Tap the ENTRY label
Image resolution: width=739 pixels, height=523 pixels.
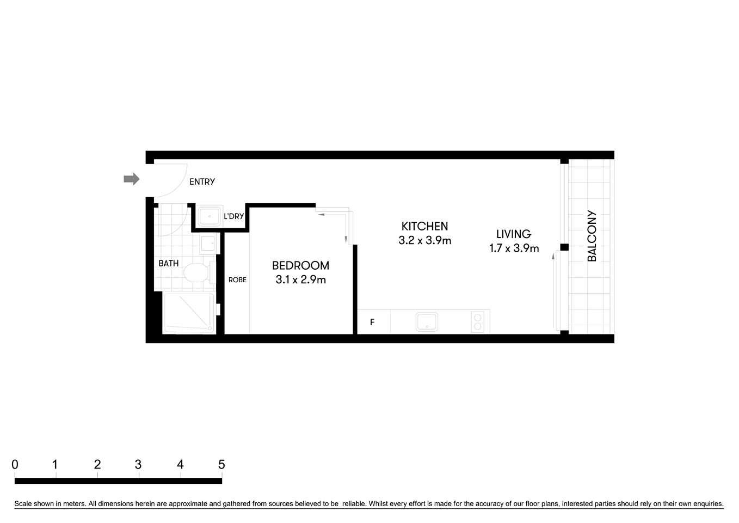(x=202, y=182)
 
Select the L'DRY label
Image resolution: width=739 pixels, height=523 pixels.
(x=234, y=216)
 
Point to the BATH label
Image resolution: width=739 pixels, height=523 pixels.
(x=168, y=263)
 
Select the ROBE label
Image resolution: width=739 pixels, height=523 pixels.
(x=237, y=280)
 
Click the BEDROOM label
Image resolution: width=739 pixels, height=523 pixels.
(x=300, y=265)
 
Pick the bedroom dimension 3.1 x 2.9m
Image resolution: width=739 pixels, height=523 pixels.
(x=300, y=280)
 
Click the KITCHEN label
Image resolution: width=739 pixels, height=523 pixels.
(x=424, y=226)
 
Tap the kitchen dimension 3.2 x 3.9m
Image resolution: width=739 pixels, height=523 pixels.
(x=424, y=240)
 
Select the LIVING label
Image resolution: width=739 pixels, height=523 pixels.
(x=513, y=234)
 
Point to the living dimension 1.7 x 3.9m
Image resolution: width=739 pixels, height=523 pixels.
(x=514, y=248)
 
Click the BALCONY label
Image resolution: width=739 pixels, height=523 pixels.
(x=592, y=236)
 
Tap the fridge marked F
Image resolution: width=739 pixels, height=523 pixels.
(x=373, y=322)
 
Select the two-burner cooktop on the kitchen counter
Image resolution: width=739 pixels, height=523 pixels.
(x=477, y=321)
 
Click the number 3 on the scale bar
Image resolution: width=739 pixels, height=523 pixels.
(x=138, y=465)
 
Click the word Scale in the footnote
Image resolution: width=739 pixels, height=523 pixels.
(x=24, y=504)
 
